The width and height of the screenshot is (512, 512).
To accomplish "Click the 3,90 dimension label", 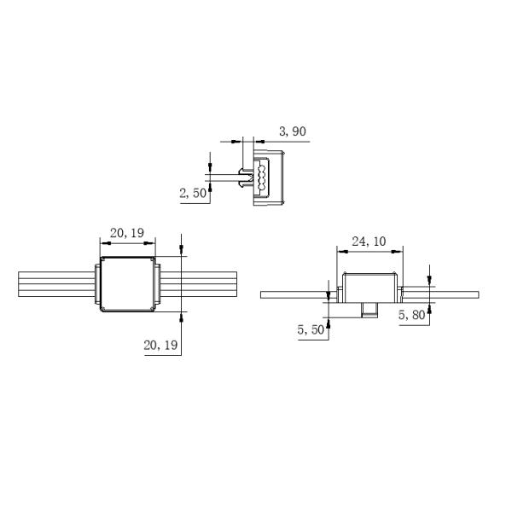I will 293,131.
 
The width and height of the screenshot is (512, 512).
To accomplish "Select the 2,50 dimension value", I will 194,194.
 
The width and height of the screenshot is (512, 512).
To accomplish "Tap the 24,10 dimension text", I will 369,241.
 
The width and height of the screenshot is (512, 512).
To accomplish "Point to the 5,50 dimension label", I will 311,330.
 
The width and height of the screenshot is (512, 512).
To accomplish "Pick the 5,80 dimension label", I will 412,315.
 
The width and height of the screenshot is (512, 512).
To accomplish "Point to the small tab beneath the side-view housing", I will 369,308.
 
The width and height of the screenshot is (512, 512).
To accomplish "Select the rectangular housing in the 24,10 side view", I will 369,287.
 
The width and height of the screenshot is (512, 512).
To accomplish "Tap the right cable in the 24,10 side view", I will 444,294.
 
